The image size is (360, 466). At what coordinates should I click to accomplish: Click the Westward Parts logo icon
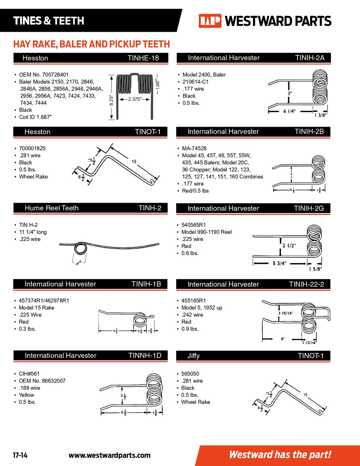coord(210,21)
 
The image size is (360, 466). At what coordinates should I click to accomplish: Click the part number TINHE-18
coord(143,58)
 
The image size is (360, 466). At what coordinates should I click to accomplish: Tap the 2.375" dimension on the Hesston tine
coord(135,99)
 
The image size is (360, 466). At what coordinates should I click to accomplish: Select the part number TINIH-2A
coord(309,58)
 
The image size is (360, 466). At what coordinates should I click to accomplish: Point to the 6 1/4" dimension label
coord(289,111)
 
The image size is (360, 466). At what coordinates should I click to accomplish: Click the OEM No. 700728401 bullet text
coord(44,75)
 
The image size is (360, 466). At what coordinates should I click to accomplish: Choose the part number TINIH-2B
coord(309,131)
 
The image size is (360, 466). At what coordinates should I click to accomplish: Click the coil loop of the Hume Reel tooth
coord(80,249)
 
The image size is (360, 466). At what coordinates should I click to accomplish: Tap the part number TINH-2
coord(150,208)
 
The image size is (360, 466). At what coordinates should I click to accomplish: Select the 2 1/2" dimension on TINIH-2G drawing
coord(289,246)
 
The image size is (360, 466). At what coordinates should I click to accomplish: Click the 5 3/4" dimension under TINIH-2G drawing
coord(279,264)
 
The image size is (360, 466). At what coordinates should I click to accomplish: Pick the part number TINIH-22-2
coord(306,284)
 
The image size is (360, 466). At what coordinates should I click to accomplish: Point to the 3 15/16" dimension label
coord(285,313)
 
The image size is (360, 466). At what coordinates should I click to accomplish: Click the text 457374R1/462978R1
coord(44,301)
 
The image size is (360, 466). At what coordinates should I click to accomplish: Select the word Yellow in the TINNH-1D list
coord(27,395)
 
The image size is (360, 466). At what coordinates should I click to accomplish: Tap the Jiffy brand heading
coord(193,356)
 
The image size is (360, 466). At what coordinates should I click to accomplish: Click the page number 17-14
coord(20,455)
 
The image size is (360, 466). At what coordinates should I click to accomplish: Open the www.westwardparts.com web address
coord(109,455)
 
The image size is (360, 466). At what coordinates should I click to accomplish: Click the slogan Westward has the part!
coord(280,455)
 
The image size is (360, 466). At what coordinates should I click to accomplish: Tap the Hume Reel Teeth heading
coord(52,208)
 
